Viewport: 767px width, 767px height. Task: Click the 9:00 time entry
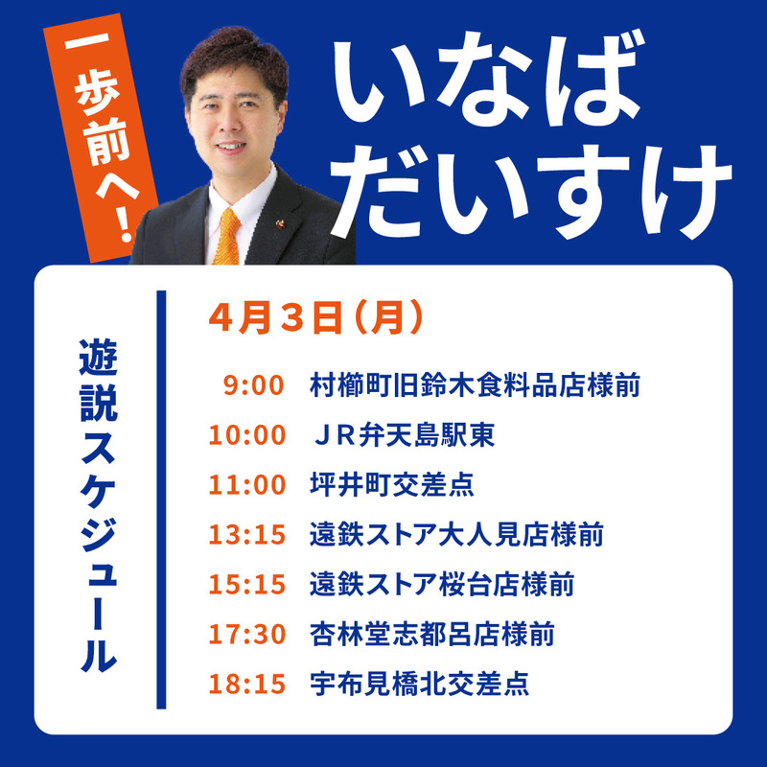coord(253,385)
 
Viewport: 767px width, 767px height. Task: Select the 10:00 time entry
coord(247,435)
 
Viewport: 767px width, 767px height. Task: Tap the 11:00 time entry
coord(247,485)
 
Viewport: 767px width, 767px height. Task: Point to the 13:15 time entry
coord(247,535)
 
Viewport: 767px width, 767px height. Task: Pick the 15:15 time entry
coord(247,585)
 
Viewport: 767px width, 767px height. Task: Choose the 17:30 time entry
coord(247,635)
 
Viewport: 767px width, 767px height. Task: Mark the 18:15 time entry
coord(247,684)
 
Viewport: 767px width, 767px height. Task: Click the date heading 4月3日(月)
coord(315,318)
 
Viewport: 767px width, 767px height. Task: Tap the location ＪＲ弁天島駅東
coord(404,435)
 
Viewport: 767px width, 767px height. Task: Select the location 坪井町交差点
coord(392,485)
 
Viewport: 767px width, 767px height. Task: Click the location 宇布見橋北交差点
coord(419,684)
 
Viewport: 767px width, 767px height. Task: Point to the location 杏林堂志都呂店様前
coord(432,635)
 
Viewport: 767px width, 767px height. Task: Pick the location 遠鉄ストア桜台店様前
coord(442,585)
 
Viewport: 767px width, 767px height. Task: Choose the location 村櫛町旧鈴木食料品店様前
coord(475,385)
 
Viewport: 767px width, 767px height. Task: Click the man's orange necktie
coord(227,237)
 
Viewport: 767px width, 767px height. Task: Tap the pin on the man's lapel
coord(281,224)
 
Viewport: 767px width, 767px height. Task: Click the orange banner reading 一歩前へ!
coord(102,137)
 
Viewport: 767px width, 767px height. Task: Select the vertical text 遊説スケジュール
coord(99,505)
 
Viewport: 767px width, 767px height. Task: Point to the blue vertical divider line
coord(161,500)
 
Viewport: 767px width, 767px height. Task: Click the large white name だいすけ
coord(531,192)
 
